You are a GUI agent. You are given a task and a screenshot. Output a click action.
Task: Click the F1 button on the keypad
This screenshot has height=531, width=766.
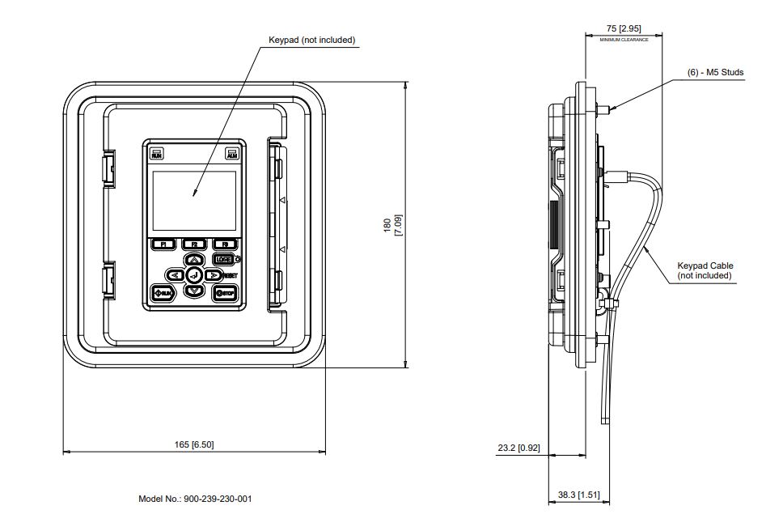163,244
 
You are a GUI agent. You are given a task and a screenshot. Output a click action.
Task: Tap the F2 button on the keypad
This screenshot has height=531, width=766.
194,244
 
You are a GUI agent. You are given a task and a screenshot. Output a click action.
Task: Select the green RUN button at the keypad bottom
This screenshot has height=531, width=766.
163,292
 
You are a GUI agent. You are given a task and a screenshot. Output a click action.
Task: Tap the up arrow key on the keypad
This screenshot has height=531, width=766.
194,260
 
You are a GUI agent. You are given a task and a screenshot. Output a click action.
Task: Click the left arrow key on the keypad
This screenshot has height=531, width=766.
176,275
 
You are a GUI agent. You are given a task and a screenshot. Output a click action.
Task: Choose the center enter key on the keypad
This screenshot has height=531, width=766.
194,275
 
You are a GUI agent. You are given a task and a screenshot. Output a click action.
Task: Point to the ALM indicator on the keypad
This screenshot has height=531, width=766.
232,152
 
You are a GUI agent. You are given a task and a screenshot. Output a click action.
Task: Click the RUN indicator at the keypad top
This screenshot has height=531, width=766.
157,152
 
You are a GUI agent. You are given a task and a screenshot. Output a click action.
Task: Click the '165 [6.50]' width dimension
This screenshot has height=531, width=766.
194,444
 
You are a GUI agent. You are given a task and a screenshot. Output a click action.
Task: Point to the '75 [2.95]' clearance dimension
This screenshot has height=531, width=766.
624,28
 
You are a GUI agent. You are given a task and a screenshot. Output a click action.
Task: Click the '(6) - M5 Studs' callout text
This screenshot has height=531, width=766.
716,72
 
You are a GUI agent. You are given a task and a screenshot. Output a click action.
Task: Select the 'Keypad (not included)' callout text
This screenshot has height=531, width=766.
312,40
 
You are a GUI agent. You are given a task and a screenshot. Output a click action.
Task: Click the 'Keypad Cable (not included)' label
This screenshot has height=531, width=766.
705,270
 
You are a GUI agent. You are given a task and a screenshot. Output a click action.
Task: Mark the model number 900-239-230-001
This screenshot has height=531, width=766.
195,499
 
